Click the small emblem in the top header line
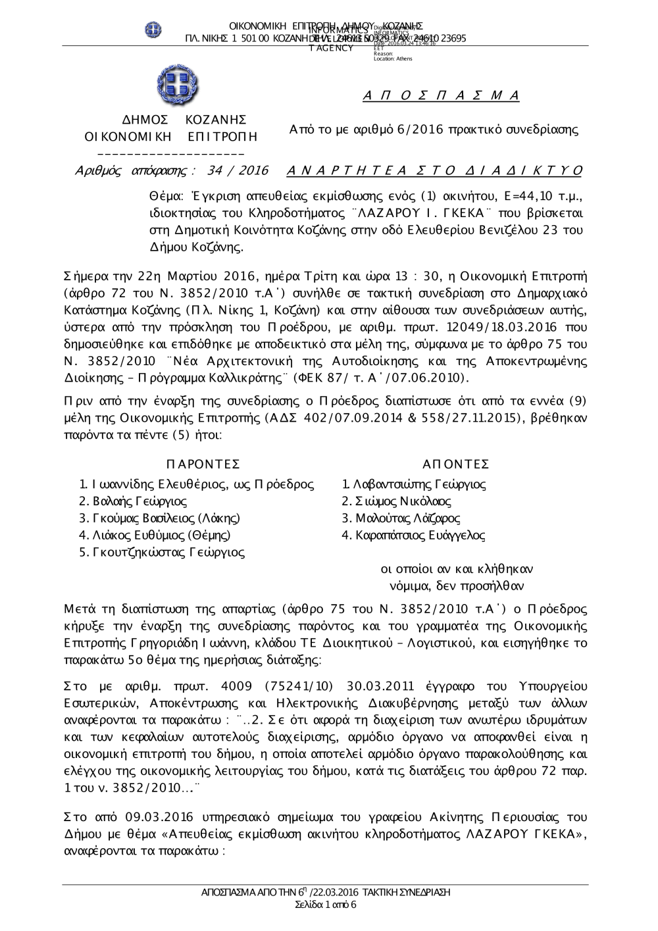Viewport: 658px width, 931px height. (153, 30)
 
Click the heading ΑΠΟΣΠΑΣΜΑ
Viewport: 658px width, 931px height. (441, 96)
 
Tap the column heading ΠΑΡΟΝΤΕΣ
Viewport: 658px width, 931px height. (203, 465)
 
